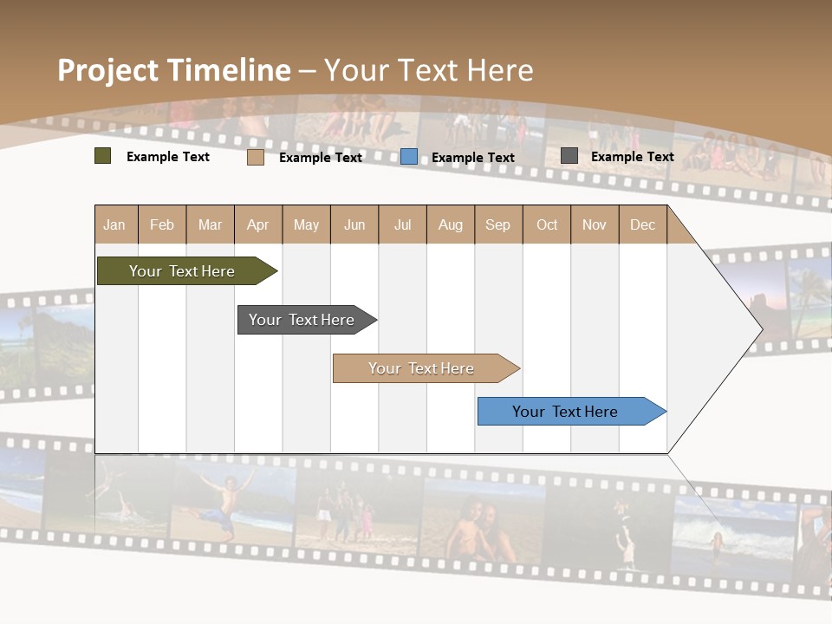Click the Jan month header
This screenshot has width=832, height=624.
(x=115, y=224)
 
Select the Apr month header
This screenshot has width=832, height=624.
(x=258, y=224)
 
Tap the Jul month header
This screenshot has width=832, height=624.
(x=402, y=224)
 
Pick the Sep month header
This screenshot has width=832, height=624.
(x=497, y=224)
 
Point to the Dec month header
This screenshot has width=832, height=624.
(x=642, y=224)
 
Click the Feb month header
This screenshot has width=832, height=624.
(x=162, y=224)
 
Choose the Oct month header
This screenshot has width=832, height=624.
(x=547, y=224)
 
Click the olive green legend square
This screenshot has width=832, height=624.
(x=103, y=156)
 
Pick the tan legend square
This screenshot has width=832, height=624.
(x=256, y=157)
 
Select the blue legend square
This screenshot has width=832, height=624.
(x=409, y=157)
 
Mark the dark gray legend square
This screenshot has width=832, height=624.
(x=569, y=156)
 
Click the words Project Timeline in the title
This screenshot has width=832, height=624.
(x=173, y=70)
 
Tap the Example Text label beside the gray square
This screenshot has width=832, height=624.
(x=632, y=157)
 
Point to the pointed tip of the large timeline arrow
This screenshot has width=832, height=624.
(x=760, y=328)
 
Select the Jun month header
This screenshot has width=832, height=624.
(x=354, y=224)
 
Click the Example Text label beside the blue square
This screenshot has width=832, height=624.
(x=472, y=158)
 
